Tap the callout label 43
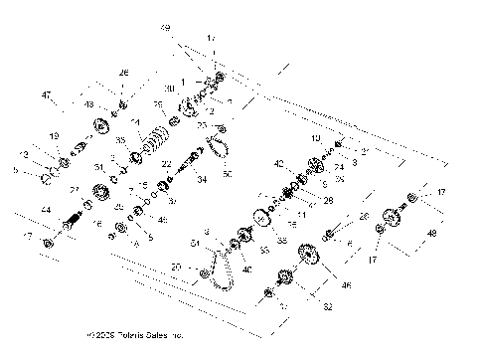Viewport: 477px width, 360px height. (89, 104)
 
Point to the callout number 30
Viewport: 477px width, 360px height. (170, 89)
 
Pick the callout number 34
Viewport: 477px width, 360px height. (203, 180)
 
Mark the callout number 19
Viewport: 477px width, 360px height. (54, 136)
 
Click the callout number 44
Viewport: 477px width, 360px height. (45, 211)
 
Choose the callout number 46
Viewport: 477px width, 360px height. (347, 285)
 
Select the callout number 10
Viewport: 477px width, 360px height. (316, 138)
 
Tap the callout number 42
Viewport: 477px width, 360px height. (279, 163)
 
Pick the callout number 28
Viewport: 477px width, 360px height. (328, 200)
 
